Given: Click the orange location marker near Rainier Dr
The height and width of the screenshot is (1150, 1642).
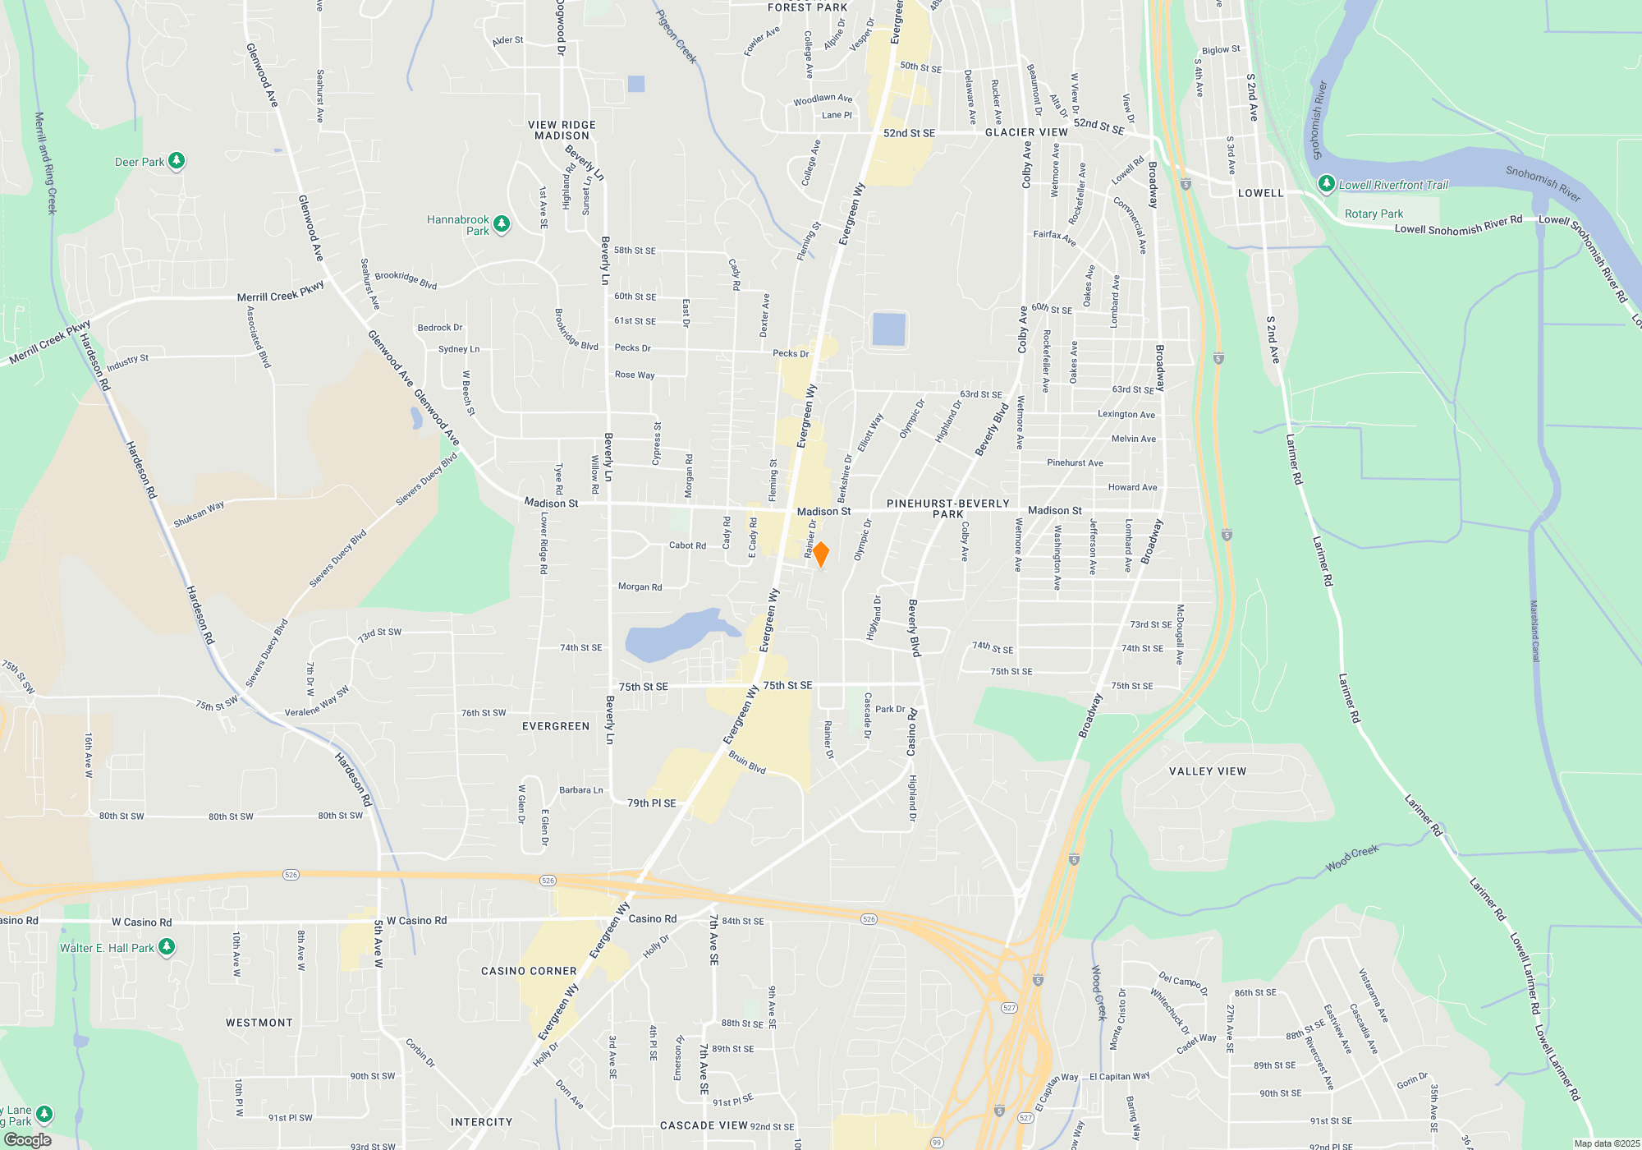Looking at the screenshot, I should click(x=820, y=554).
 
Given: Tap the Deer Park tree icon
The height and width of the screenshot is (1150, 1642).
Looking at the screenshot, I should click(x=177, y=161).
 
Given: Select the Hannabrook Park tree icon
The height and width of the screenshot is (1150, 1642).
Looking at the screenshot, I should click(x=502, y=223).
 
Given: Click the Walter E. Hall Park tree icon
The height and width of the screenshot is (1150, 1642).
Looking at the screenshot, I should click(x=167, y=947).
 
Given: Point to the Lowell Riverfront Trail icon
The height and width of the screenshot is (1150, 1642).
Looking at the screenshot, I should click(x=1326, y=184).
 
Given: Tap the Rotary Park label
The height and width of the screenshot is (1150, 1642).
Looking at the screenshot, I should click(x=1374, y=214).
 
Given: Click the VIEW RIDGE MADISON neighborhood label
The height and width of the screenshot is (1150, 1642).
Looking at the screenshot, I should click(x=562, y=130).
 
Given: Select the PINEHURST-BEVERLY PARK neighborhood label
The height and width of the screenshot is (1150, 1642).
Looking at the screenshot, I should click(x=948, y=508).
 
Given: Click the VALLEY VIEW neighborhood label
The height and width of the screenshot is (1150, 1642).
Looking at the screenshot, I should click(x=1208, y=771).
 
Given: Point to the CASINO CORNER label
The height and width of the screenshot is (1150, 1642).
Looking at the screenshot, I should click(x=529, y=971).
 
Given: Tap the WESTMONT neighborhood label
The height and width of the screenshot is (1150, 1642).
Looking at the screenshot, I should click(x=259, y=1023).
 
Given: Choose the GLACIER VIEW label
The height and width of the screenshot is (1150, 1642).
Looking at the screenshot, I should click(x=1026, y=132).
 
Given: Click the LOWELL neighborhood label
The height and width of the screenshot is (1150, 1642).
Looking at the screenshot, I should click(x=1260, y=193).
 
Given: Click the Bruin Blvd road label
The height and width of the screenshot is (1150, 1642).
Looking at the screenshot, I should click(x=747, y=762).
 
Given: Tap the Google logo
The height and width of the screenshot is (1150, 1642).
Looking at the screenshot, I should click(x=28, y=1140).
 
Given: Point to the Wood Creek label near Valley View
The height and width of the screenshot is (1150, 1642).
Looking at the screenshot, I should click(x=1352, y=858).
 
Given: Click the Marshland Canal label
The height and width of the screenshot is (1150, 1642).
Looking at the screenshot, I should click(x=1534, y=631).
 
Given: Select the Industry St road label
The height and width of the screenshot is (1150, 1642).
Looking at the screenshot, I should click(x=127, y=362).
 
